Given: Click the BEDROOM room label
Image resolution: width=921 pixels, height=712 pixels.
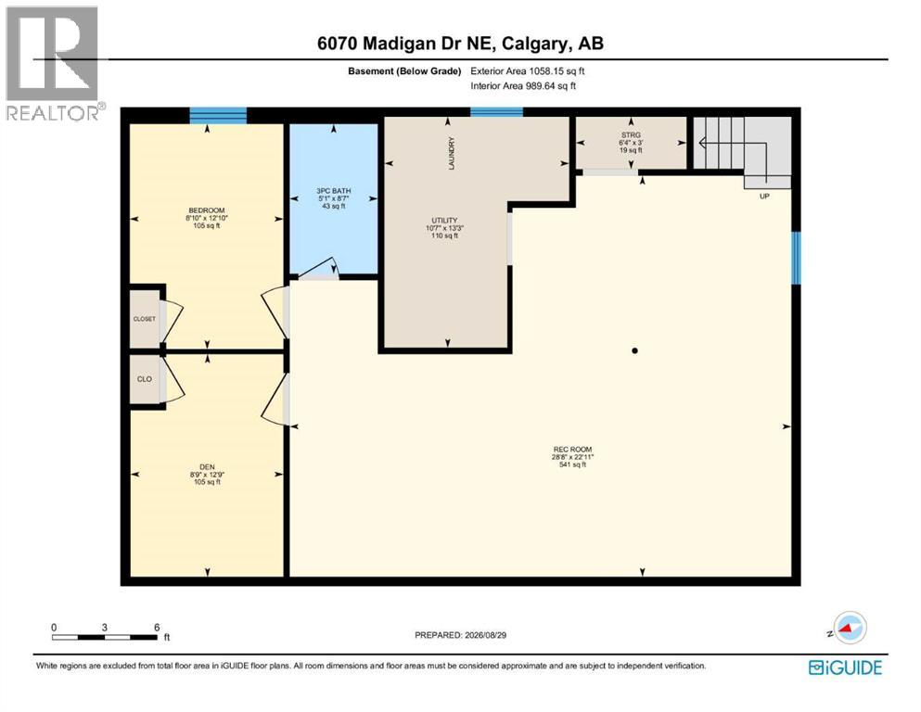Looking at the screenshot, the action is (x=207, y=210).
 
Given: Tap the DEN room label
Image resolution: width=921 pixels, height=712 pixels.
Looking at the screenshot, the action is (x=207, y=467).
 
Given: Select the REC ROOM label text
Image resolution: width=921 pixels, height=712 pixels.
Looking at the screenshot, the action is (x=572, y=449).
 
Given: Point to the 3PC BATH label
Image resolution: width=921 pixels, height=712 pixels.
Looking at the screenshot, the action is (x=334, y=191).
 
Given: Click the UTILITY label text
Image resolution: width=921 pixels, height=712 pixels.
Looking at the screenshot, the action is (x=444, y=220).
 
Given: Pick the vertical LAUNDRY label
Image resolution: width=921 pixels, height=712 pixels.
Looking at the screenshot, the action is (x=452, y=154).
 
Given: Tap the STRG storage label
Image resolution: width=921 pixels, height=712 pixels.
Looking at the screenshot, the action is (x=631, y=135).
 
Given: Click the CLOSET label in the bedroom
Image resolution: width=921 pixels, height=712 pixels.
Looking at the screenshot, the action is (x=145, y=319).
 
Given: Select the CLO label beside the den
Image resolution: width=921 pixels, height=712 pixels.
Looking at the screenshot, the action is (x=145, y=379).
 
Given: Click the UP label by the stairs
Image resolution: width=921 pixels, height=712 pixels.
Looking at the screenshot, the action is (x=764, y=196).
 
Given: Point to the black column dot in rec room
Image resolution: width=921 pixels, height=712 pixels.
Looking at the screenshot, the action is (x=634, y=351).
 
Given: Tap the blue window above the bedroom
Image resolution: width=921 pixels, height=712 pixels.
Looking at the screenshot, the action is (x=218, y=116).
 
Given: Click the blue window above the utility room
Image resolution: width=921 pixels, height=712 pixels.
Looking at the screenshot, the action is (x=496, y=112).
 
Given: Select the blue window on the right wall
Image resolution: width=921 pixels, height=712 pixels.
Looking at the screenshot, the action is (x=796, y=259).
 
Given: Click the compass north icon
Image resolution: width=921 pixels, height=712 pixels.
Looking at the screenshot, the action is (x=849, y=628).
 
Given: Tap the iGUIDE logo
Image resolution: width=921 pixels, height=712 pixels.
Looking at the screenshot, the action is (x=845, y=667).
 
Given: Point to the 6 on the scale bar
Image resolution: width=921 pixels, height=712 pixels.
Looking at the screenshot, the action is (x=157, y=628).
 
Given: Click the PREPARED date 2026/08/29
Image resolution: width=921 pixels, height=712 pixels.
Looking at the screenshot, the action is (x=485, y=635).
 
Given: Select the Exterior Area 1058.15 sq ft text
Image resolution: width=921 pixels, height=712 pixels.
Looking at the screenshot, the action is (x=528, y=71).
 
